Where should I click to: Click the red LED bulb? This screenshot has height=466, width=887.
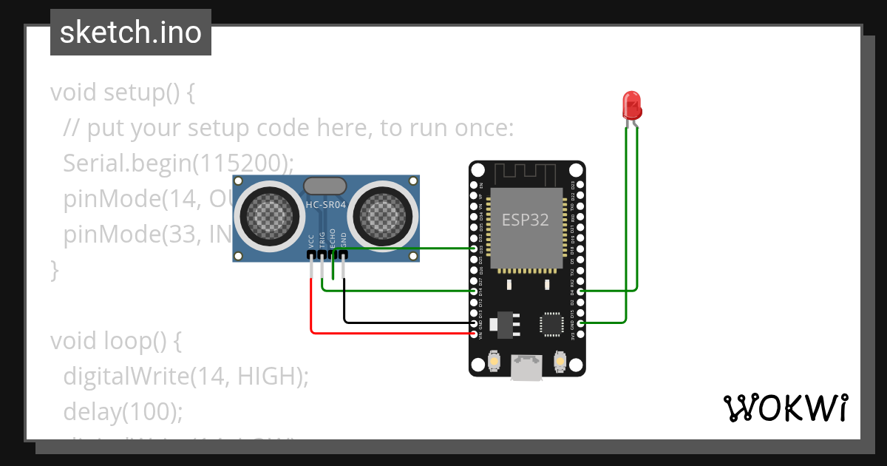(632, 105)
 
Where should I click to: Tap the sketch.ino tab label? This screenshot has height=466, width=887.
(130, 33)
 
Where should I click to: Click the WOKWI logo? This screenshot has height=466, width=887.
(785, 408)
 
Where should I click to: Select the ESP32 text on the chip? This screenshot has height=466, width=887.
(526, 220)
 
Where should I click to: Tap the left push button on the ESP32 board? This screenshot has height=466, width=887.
(495, 362)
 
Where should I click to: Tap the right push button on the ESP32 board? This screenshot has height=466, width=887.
(560, 362)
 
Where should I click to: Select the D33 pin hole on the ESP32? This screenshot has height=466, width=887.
(475, 249)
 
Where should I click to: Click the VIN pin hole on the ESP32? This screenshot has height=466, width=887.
(475, 334)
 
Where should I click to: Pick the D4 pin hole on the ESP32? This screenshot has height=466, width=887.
(581, 291)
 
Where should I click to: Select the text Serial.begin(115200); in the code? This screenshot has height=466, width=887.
(178, 163)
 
